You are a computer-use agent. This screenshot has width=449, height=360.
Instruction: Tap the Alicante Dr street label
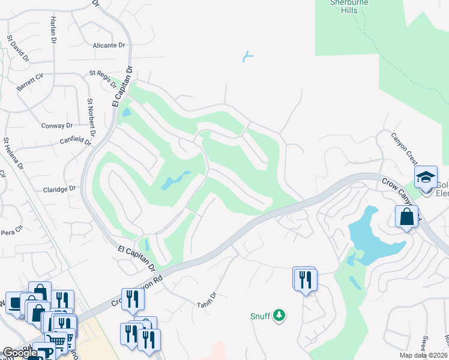coord(109,45)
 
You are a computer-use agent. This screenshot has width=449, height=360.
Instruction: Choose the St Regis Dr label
coord(101,77)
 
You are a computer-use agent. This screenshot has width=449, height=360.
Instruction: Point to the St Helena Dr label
coord(13,153)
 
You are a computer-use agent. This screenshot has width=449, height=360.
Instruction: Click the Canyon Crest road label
coord(404,150)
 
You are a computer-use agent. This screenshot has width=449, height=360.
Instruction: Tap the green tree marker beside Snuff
coord(279,315)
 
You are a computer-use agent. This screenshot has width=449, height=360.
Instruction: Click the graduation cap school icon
coord(426,177)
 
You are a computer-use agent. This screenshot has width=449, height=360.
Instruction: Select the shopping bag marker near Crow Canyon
coord(406,217)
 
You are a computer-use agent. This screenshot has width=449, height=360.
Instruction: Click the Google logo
coord(20,353)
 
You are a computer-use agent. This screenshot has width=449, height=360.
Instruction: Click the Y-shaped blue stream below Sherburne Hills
coord(247,57)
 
